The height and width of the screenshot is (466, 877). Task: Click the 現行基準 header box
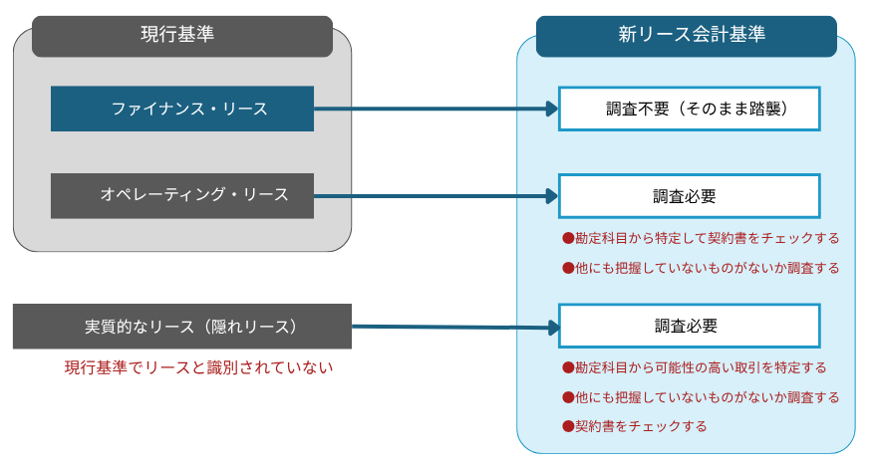point(182,35)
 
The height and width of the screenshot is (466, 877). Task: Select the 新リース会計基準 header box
point(686,36)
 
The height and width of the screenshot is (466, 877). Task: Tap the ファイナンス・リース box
point(182,109)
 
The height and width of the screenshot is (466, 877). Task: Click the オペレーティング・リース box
point(182,195)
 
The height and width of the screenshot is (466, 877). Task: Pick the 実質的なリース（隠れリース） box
point(182,327)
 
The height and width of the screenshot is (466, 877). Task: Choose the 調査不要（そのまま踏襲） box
point(689,109)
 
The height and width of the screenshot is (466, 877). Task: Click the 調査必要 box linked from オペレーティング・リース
point(689,196)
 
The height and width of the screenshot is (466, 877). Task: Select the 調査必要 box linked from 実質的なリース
point(689,326)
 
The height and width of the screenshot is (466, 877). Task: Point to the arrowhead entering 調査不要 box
point(551,109)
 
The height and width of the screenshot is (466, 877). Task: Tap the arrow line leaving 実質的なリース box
point(438,327)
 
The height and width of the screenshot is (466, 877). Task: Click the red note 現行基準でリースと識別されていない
point(198,367)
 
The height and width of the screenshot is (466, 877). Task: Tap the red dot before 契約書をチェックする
point(568,426)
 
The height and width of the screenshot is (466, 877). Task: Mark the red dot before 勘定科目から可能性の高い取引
point(568,367)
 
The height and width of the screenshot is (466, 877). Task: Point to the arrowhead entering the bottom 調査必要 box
point(551,327)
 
